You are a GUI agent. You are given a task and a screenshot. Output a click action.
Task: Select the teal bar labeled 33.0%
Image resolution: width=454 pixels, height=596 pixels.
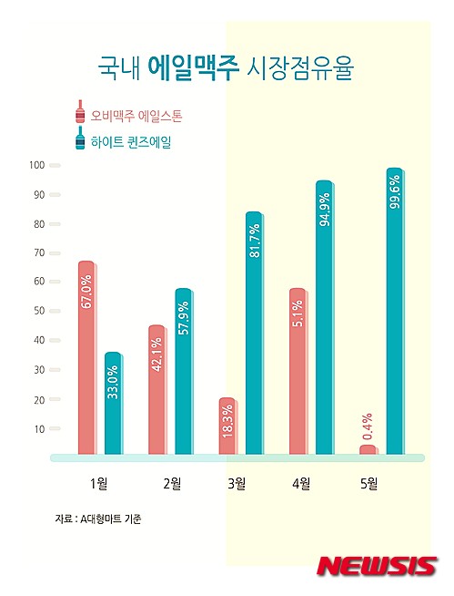113,402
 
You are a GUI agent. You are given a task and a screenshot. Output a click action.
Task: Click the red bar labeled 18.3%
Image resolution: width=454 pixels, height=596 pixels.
227,425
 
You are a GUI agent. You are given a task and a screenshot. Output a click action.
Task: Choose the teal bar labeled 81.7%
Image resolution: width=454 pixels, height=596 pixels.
254,333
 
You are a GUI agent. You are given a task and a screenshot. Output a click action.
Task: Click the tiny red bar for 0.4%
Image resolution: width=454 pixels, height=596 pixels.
368,448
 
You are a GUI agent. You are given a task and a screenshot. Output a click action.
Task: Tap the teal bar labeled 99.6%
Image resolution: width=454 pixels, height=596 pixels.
394,311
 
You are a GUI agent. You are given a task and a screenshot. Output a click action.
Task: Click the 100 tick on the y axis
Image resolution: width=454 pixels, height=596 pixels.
37,165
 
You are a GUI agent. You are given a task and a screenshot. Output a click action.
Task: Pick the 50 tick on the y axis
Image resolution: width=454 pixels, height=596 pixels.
39,311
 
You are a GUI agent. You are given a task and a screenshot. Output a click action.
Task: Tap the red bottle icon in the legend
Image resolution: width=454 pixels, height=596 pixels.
80,112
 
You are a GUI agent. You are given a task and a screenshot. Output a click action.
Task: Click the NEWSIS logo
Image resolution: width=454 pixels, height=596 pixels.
377,566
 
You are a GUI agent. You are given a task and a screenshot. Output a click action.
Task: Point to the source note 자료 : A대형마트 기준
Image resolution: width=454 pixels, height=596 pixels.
97,519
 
